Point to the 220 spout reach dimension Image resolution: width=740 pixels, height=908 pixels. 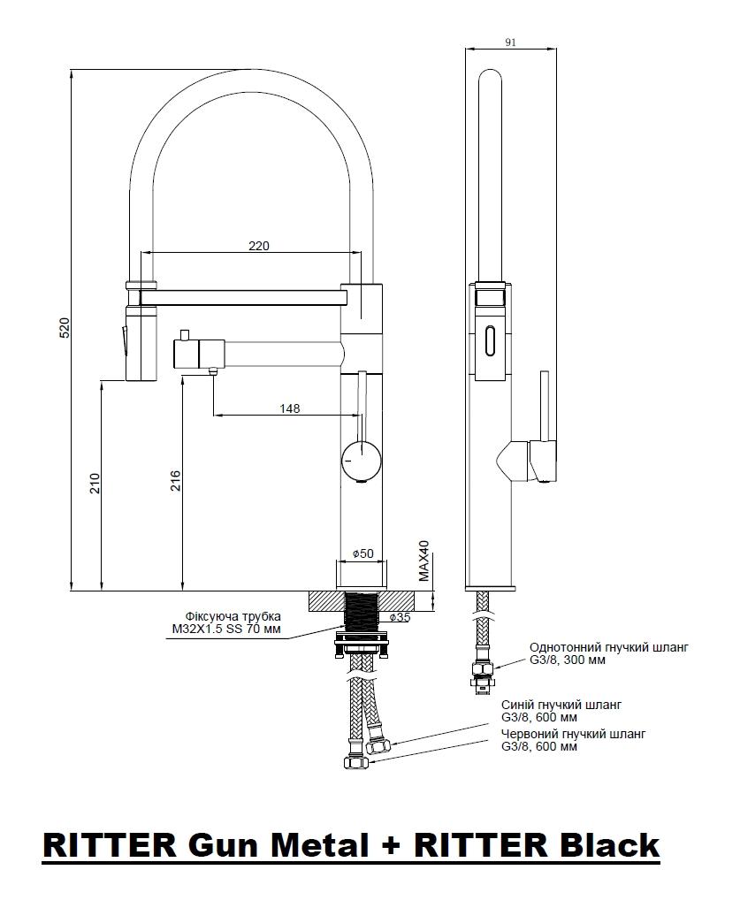click(259, 246)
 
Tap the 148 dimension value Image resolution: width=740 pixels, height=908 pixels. click(289, 408)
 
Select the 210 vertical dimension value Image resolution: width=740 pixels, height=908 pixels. click(95, 484)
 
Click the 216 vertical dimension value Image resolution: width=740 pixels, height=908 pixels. click(175, 481)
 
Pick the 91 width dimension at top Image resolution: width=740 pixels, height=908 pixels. click(510, 42)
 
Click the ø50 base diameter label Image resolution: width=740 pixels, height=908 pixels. click(363, 553)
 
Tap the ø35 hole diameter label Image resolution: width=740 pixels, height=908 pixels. click(400, 617)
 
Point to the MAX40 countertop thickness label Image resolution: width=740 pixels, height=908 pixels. click(424, 561)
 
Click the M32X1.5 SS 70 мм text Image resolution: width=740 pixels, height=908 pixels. click(225, 629)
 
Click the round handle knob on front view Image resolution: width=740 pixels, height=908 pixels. click(362, 460)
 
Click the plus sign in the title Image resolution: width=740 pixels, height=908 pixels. click(389, 845)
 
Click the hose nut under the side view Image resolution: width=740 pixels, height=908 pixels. click(482, 669)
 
